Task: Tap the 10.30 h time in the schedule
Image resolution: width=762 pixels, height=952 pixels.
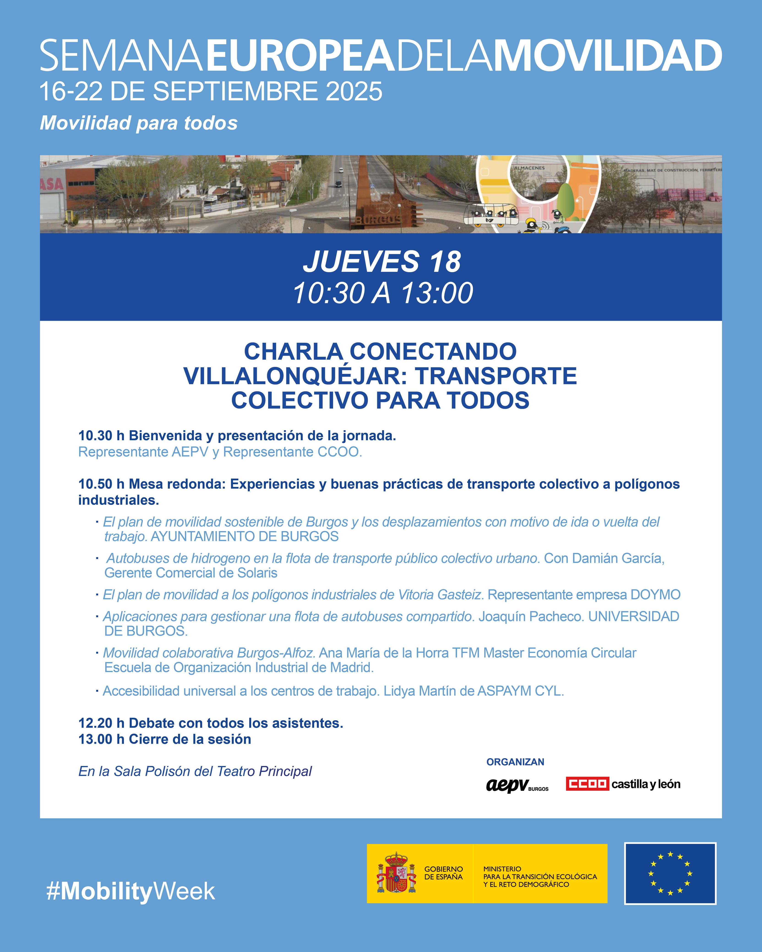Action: (x=101, y=436)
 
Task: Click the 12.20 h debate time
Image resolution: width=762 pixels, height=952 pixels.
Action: (x=101, y=723)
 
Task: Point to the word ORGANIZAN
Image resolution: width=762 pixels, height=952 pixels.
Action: (x=515, y=762)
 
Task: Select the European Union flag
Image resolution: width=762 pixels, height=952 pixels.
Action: (x=670, y=874)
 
